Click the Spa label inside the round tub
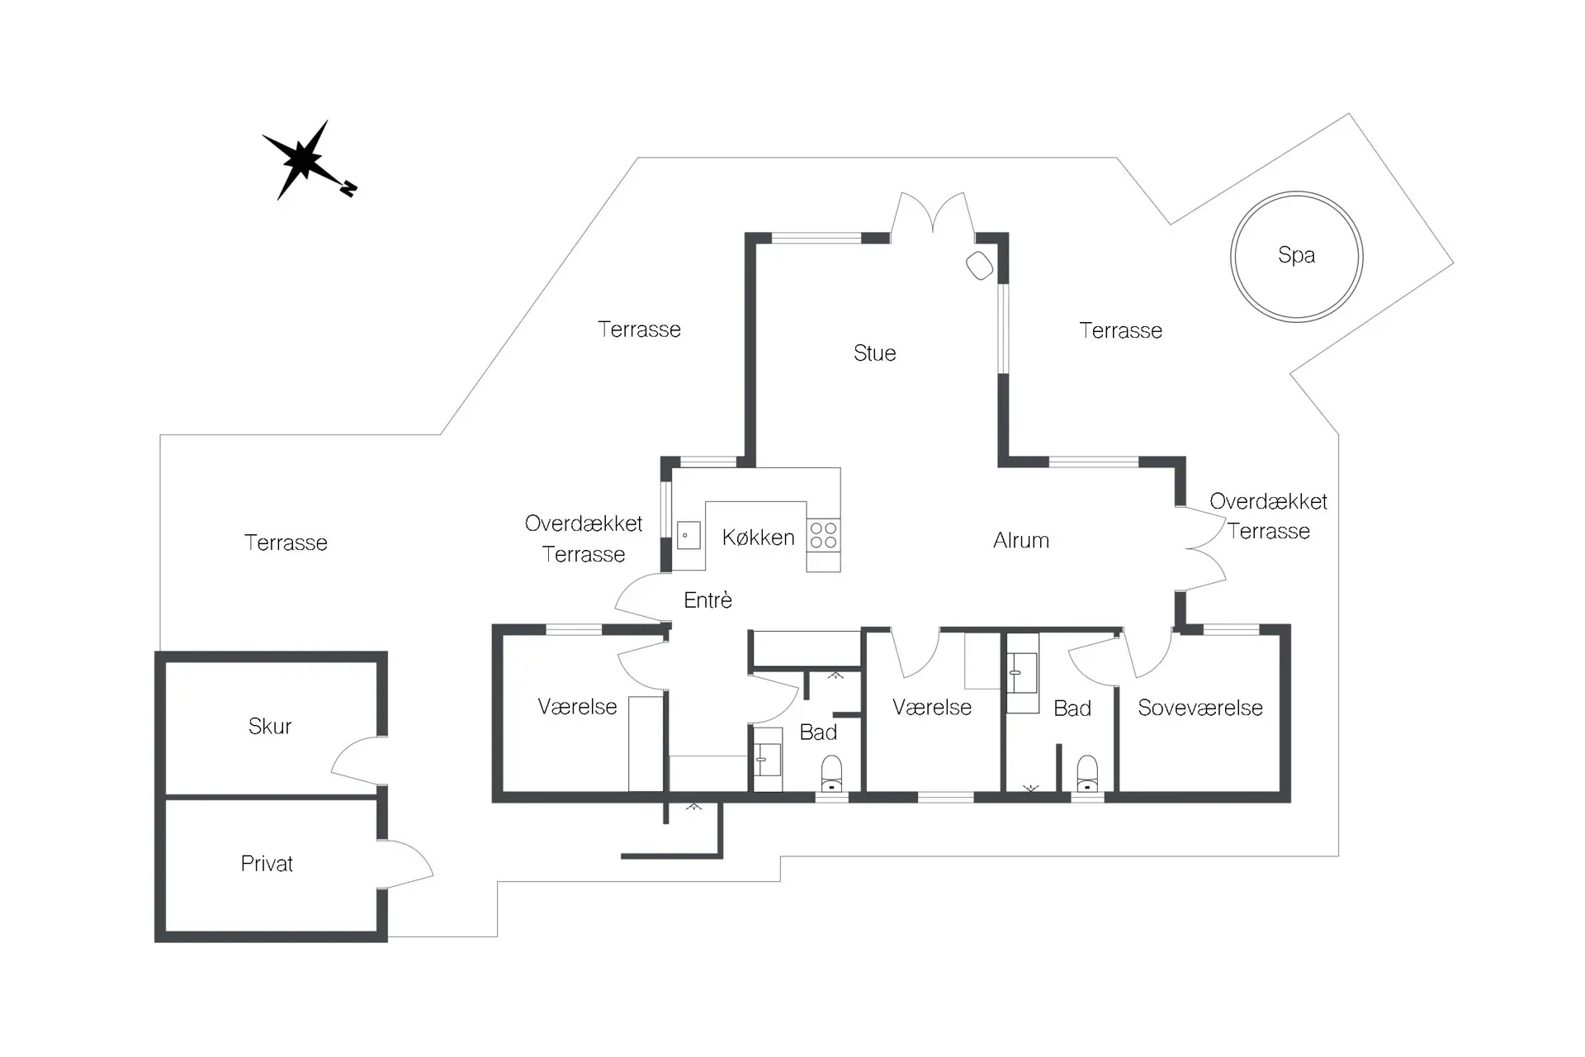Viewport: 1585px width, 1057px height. point(1296,255)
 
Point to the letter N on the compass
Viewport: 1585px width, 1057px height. point(349,189)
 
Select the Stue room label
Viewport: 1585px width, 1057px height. point(874,353)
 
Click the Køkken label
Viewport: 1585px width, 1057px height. point(758,538)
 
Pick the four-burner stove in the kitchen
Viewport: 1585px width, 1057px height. point(823,535)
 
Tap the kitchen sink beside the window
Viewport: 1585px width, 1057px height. point(688,535)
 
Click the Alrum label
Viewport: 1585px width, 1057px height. point(1021,541)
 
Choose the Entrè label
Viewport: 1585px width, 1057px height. point(707,600)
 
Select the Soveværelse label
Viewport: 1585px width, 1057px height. point(1200,708)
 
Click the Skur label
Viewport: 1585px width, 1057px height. point(270,726)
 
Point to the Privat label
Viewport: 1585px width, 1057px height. point(267,864)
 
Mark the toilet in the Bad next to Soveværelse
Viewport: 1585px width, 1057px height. point(1088,774)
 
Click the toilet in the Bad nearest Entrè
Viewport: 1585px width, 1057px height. point(831,774)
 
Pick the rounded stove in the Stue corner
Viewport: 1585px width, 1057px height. point(980,265)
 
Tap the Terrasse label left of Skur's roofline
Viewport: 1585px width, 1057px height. point(286,543)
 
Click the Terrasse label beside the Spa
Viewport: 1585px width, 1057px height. point(1120,331)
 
